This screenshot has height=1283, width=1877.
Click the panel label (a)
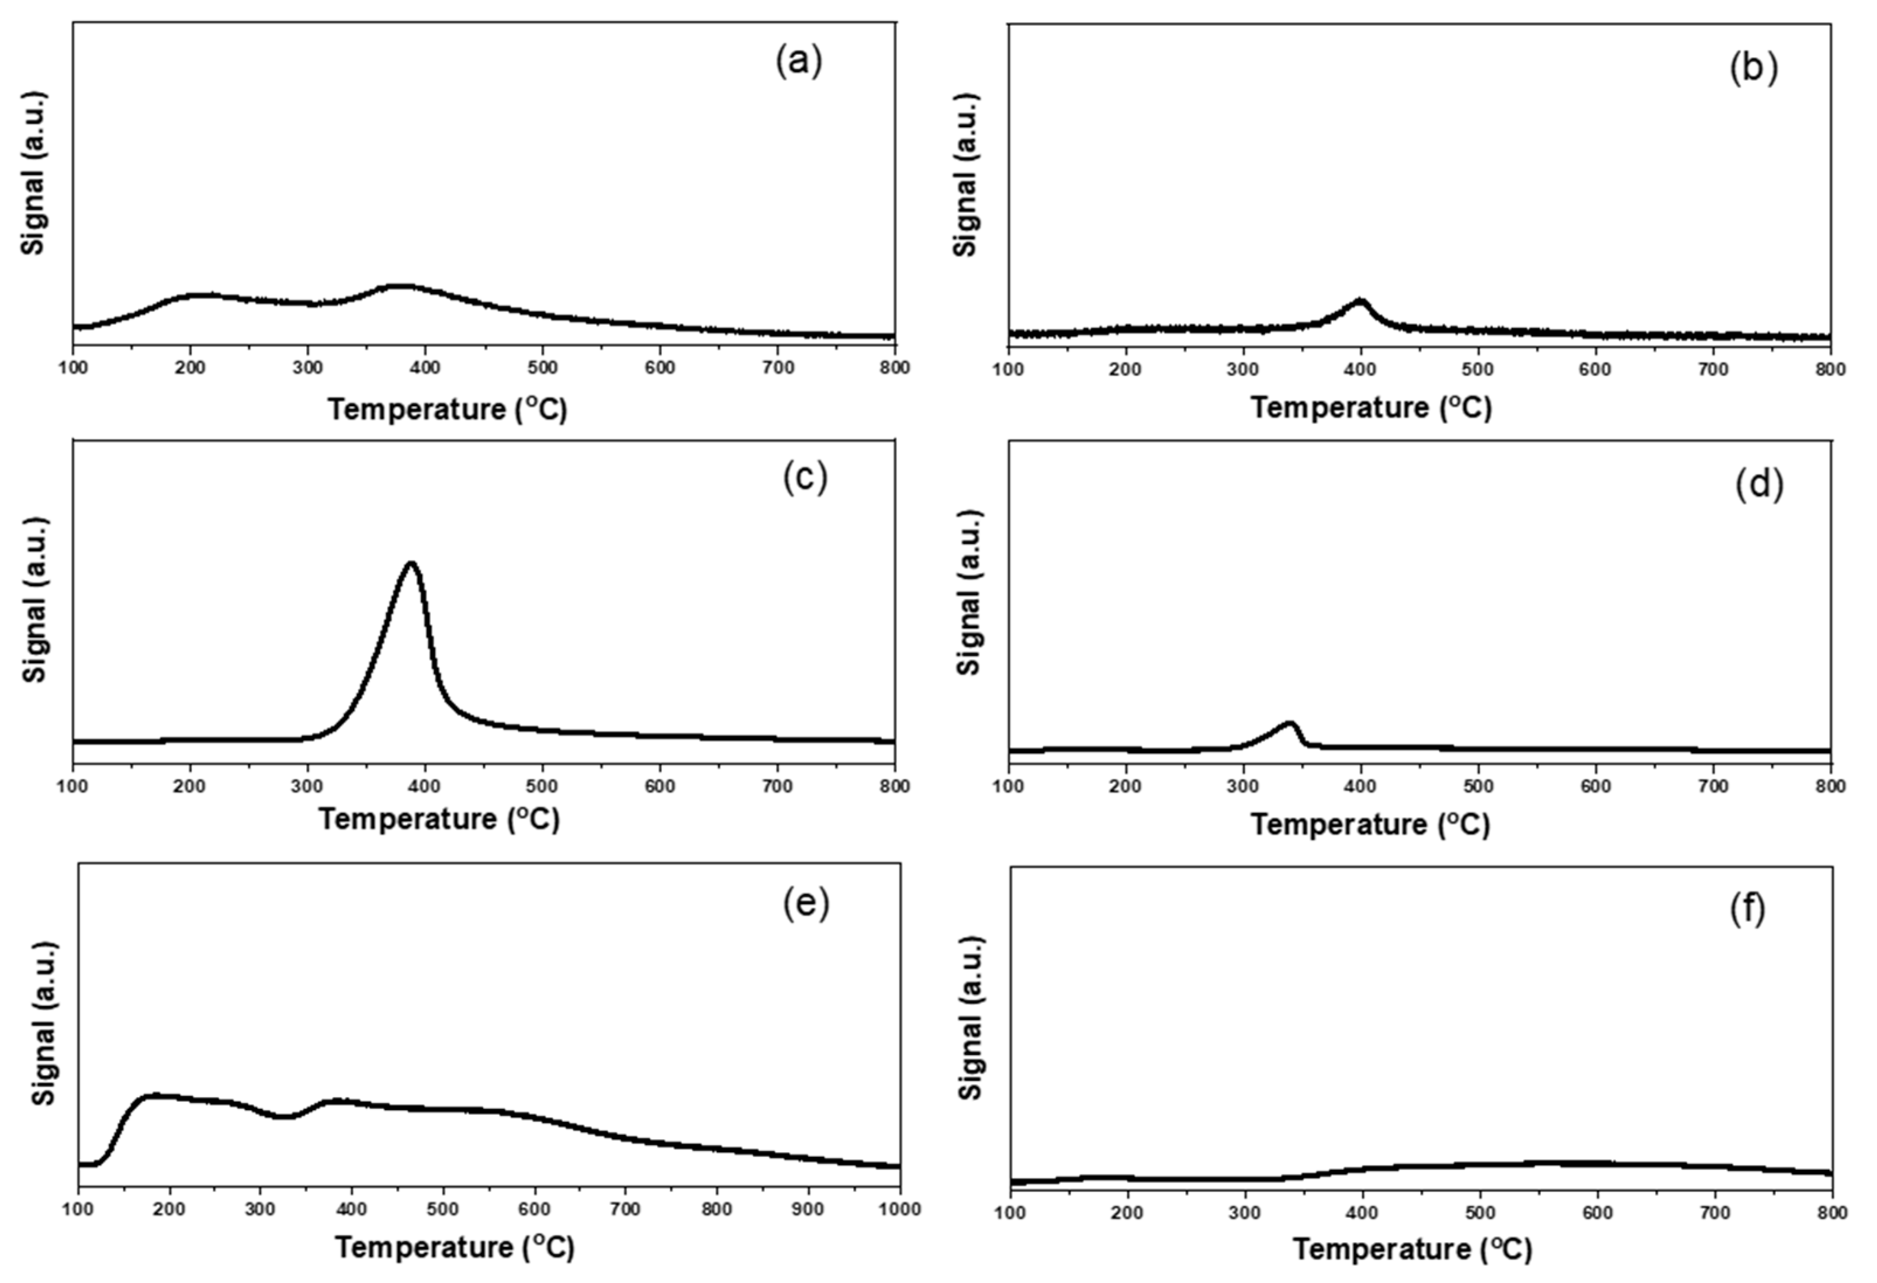[799, 62]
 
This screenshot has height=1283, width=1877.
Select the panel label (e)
[805, 905]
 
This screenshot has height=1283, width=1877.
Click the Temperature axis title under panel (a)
[448, 410]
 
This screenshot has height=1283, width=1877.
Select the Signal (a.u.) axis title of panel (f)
[972, 1018]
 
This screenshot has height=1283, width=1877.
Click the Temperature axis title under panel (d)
[1370, 824]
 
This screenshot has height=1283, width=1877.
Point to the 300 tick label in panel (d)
[1243, 786]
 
